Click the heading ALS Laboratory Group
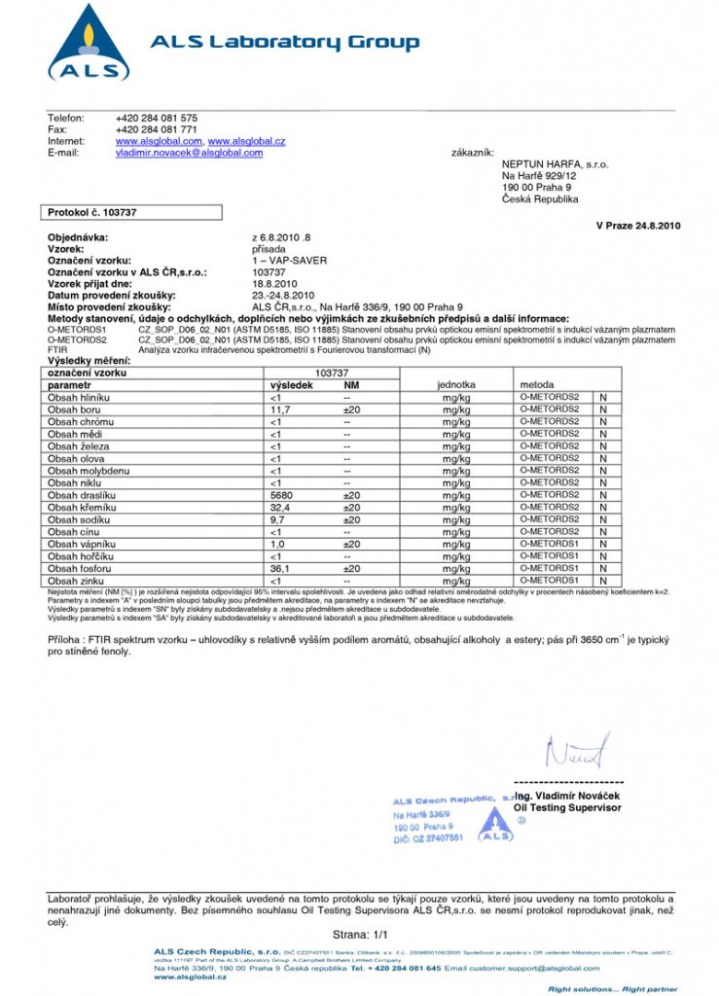[284, 42]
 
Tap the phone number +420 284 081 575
[157, 118]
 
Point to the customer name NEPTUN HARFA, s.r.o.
[555, 164]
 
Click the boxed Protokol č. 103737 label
[92, 211]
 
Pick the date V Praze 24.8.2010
[638, 226]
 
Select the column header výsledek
[291, 385]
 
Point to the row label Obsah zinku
[76, 581]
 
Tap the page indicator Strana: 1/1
[359, 934]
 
